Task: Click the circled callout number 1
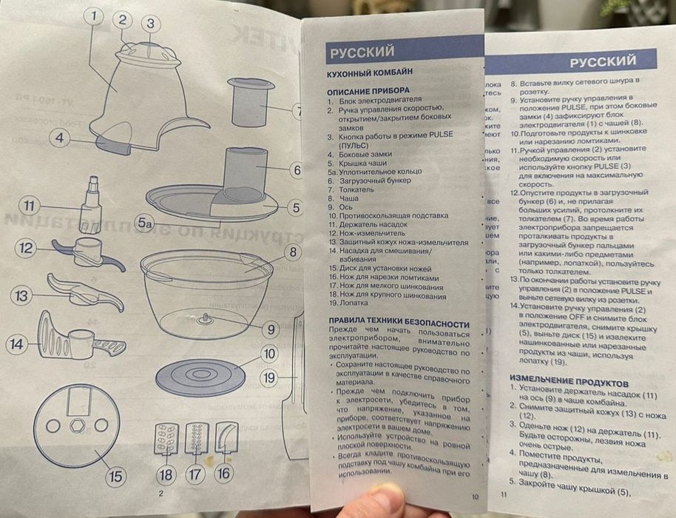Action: [92, 16]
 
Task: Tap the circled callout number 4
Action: [60, 137]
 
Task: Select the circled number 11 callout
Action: [28, 205]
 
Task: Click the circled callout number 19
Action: [271, 377]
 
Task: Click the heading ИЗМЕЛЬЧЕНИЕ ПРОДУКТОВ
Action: [569, 383]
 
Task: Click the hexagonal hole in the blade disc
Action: [77, 428]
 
